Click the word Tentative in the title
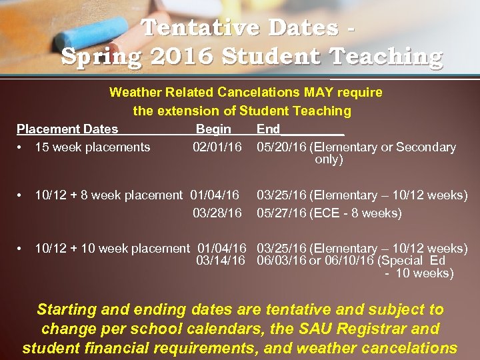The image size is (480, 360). point(193,28)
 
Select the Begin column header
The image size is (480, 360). point(213,129)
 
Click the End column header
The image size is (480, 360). point(269,129)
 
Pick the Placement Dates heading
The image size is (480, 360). point(67,129)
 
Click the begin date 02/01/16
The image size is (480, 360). point(217,147)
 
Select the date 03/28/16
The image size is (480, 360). point(217,213)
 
